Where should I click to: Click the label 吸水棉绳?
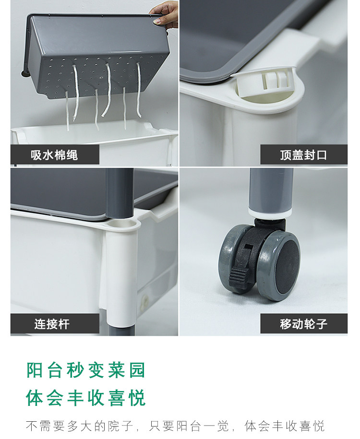[54, 155]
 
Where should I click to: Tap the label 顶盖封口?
[303, 155]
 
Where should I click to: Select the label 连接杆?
[52, 324]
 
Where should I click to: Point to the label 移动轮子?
[303, 324]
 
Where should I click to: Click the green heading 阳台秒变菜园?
[86, 370]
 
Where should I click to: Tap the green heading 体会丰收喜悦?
[86, 398]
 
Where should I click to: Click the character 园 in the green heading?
[137, 370]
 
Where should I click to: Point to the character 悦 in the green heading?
[137, 398]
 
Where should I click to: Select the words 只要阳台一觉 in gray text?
[189, 426]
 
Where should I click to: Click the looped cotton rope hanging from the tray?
[107, 90]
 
